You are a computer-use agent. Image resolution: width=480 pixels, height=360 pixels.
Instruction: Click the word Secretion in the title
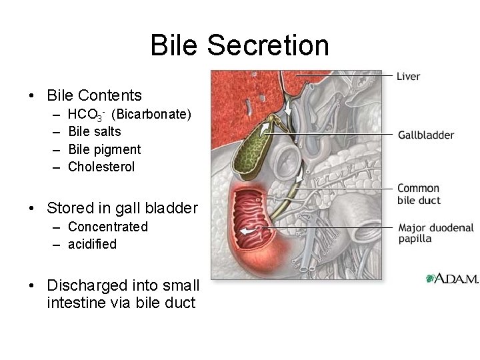[x=268, y=45]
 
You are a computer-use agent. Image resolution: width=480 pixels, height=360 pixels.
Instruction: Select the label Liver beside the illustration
[x=408, y=76]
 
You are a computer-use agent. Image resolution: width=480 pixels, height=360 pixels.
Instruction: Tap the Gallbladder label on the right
[x=426, y=135]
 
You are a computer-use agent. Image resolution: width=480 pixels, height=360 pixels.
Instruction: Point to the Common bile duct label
[x=419, y=194]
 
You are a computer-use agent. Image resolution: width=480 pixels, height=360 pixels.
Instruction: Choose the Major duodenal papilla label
[x=436, y=233]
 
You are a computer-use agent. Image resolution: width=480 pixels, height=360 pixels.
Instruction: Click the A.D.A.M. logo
[x=452, y=279]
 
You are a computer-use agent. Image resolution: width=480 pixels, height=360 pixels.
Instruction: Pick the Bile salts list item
[x=95, y=131]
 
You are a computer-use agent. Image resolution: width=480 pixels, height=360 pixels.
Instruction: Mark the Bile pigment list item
[x=105, y=149]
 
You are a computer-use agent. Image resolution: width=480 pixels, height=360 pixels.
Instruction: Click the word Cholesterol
[x=101, y=167]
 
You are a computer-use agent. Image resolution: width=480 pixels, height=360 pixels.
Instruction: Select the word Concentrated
[x=108, y=227]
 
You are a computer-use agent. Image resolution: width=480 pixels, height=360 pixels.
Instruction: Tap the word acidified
[x=92, y=244]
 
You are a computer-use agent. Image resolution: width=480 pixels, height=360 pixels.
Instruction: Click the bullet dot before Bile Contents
[x=32, y=96]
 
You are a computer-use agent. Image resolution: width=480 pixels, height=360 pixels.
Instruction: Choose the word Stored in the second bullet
[x=69, y=208]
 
